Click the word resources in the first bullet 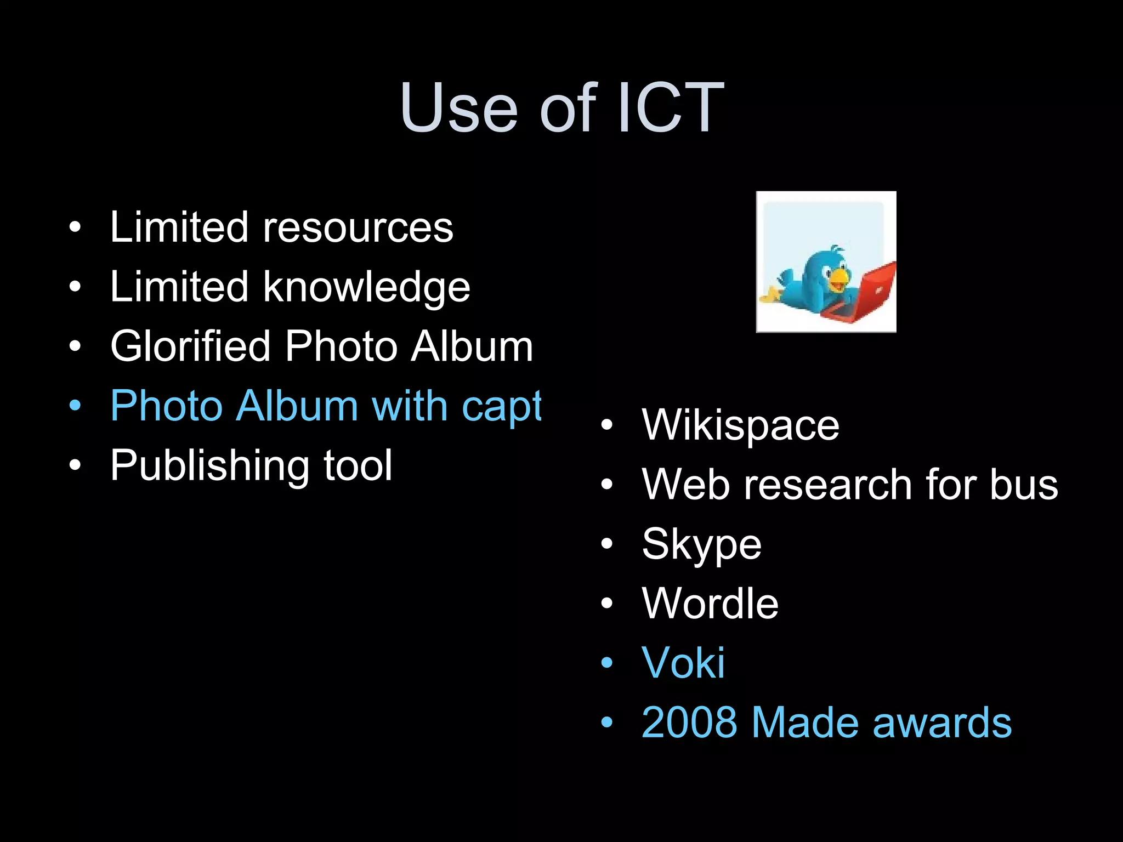[358, 227]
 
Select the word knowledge [366, 287]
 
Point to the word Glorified [190, 346]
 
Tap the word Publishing [209, 466]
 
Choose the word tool [358, 466]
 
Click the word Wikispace [740, 425]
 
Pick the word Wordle [710, 604]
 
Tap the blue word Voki [683, 663]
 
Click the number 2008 [689, 722]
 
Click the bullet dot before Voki [606, 663]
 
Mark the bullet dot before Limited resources [75, 227]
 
